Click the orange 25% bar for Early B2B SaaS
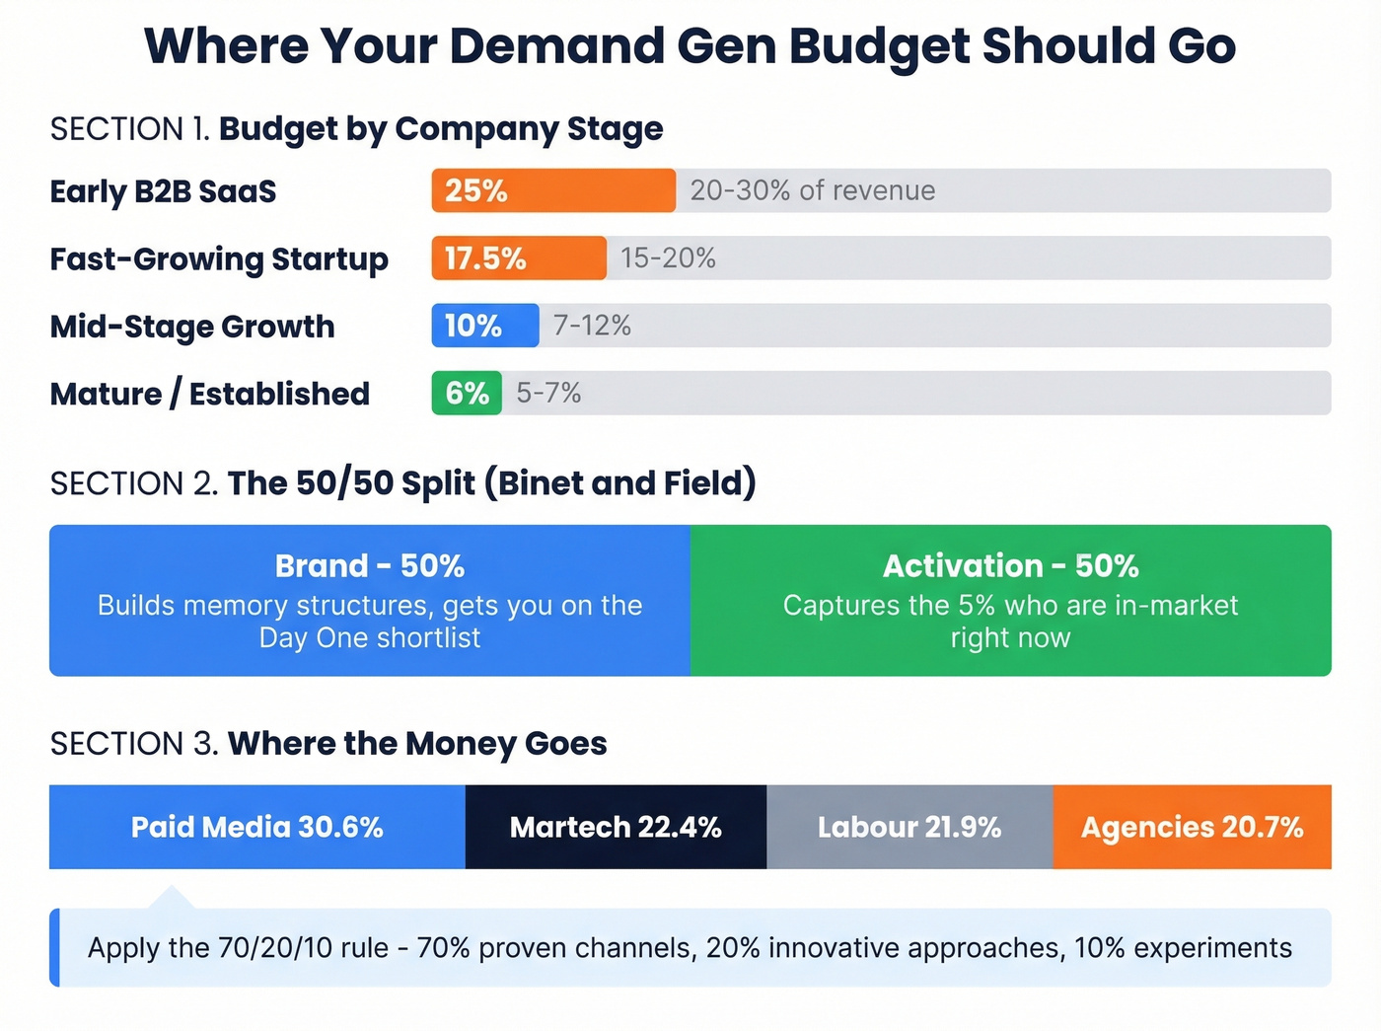pos(553,190)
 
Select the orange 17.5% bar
pos(519,258)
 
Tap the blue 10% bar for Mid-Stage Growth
pos(485,326)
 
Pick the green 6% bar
pos(467,393)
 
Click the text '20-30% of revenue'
pos(812,190)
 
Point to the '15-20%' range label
pos(668,258)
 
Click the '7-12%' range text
pos(592,326)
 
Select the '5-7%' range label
pos(548,393)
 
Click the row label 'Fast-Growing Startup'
pos(219,259)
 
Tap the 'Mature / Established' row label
pos(210,394)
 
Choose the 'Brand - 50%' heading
pos(370,566)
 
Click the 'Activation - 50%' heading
pos(1010,566)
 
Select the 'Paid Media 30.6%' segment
pos(257,827)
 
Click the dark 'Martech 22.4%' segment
pos(616,827)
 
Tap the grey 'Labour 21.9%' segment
pos(909,827)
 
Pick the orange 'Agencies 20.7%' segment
pos(1192,827)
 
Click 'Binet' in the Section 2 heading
pos(543,483)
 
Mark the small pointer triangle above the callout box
pos(172,898)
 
